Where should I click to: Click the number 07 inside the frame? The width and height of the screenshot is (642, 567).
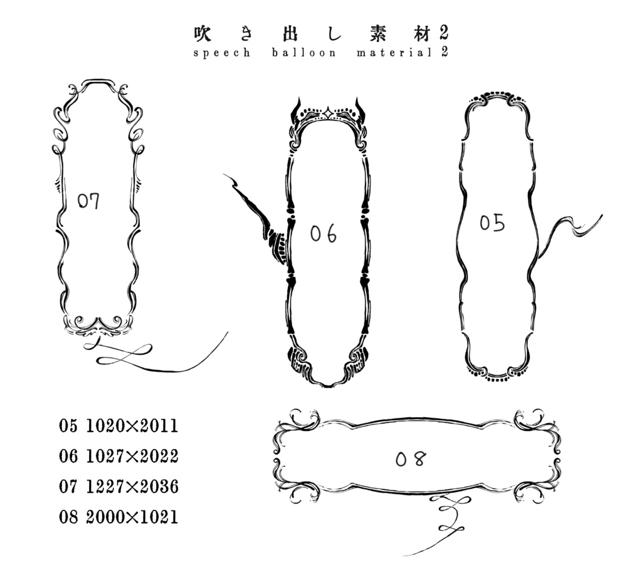pyautogui.click(x=88, y=201)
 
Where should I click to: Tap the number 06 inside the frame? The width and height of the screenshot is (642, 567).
pyautogui.click(x=323, y=233)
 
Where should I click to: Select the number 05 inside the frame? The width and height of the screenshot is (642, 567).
pyautogui.click(x=492, y=223)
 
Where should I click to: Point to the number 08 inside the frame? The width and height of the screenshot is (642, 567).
pyautogui.click(x=411, y=459)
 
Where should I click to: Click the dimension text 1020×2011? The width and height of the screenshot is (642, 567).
pyautogui.click(x=132, y=427)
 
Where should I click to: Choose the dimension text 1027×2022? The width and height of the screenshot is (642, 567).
pyautogui.click(x=132, y=456)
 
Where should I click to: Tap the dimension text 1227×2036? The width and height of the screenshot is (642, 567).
pyautogui.click(x=132, y=486)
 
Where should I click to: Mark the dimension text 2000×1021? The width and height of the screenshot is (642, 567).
pyautogui.click(x=132, y=517)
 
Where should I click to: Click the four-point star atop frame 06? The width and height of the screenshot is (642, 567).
pyautogui.click(x=327, y=114)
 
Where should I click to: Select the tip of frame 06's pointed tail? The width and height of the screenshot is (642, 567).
pyautogui.click(x=224, y=176)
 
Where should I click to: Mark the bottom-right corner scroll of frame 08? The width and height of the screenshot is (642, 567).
pyautogui.click(x=539, y=489)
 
